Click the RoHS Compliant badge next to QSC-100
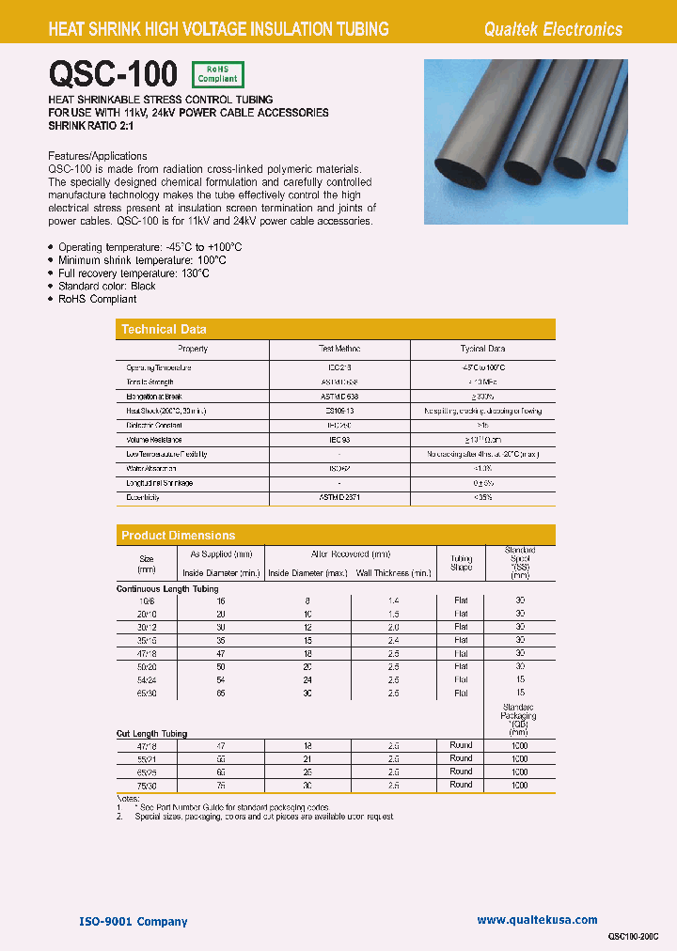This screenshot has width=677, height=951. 217,74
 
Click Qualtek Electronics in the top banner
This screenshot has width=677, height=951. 552,29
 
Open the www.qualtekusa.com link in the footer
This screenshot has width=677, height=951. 537,920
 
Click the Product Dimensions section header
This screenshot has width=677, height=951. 178,536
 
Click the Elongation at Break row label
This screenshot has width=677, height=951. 154,397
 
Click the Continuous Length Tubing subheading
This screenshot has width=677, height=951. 166,588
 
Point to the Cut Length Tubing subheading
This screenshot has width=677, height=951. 151,733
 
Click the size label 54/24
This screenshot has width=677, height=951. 147,678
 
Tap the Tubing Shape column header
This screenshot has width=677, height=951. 461,562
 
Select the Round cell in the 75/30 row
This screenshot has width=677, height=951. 461,785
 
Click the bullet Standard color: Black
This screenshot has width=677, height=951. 106,286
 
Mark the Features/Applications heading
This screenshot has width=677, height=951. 97,156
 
